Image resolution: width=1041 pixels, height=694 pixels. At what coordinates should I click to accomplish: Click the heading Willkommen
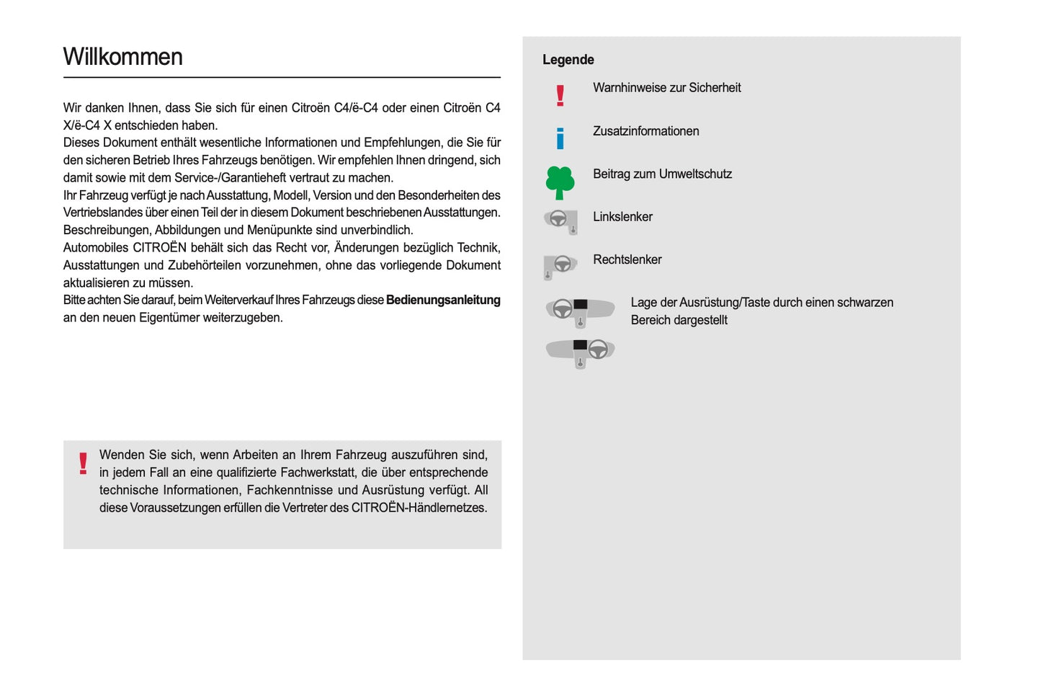[x=122, y=57]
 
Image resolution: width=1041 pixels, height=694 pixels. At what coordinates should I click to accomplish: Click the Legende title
[x=568, y=60]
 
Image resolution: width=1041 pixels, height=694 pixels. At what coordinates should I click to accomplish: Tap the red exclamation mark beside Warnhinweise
[x=560, y=95]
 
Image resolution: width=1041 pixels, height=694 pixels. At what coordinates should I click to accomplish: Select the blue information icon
[x=560, y=138]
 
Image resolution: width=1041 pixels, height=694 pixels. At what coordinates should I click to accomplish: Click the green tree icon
[x=560, y=182]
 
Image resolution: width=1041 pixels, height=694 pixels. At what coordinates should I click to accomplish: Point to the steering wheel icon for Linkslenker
[x=560, y=221]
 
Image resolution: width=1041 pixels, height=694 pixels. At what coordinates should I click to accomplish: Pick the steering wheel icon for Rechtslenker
[x=560, y=265]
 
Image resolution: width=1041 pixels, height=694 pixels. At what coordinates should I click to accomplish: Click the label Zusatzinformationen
[x=645, y=131]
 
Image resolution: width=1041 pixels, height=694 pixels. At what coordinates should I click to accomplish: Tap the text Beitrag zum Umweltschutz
[x=662, y=174]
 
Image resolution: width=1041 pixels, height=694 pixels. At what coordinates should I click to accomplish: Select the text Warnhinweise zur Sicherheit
[x=666, y=88]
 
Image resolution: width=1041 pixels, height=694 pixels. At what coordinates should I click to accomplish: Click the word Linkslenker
[x=622, y=217]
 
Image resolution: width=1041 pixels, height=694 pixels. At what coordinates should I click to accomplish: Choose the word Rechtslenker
[x=627, y=259]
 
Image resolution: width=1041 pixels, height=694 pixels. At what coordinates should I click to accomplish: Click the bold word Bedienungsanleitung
[x=443, y=300]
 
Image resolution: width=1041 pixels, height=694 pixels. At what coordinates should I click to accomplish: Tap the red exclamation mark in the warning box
[x=83, y=463]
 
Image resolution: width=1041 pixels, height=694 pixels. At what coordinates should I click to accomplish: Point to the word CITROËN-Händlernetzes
[x=419, y=507]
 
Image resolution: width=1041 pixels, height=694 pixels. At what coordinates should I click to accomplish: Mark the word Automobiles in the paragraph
[x=96, y=248]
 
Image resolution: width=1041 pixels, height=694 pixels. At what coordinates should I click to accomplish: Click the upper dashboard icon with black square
[x=580, y=311]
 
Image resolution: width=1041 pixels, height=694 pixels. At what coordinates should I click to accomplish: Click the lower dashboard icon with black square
[x=580, y=352]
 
